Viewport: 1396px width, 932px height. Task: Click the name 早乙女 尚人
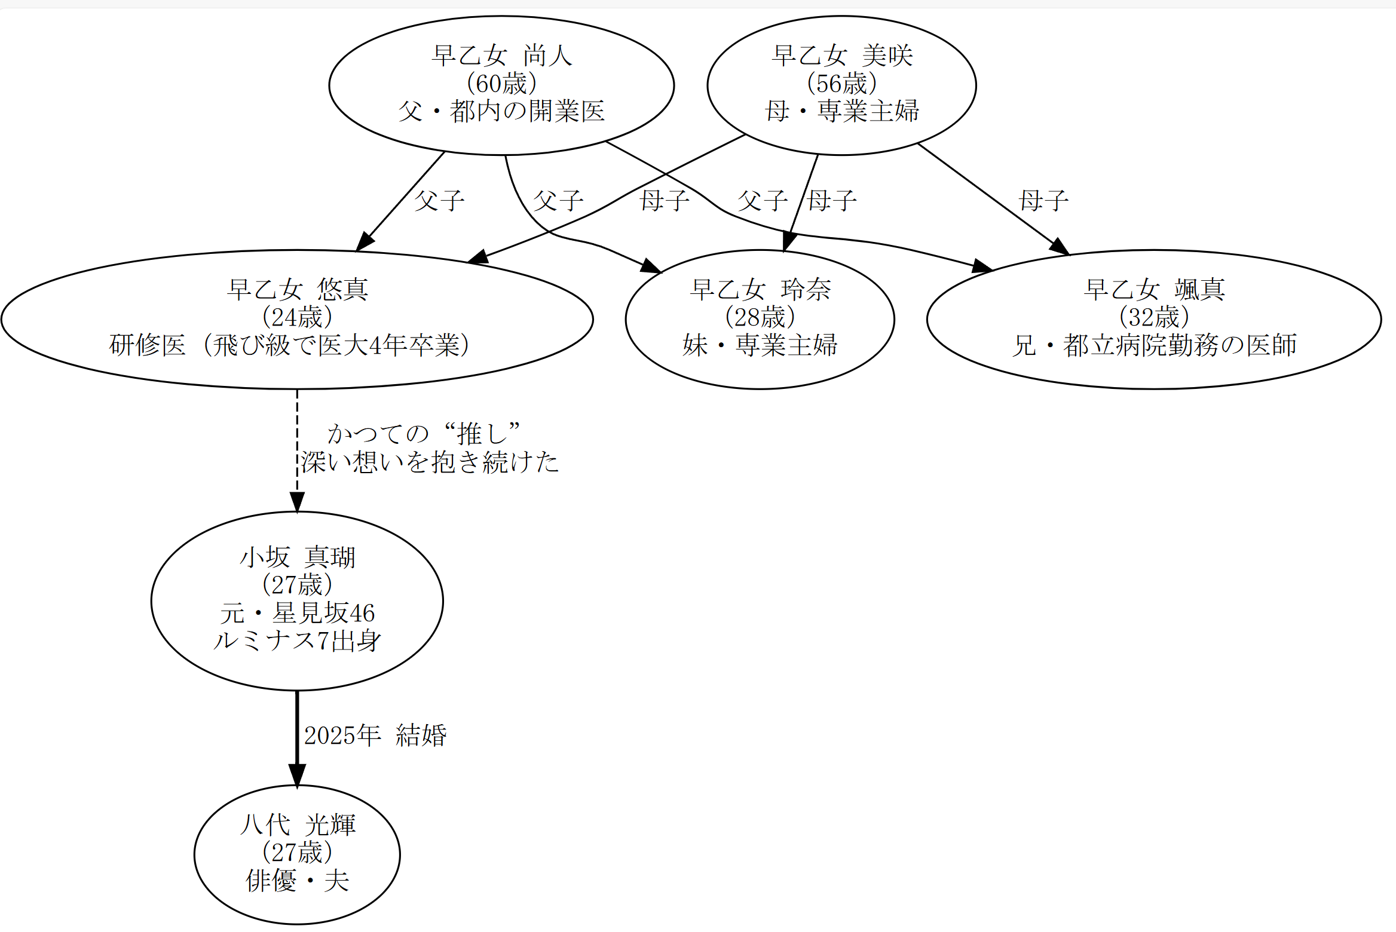pyautogui.click(x=501, y=56)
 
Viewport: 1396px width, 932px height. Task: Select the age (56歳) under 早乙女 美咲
pyautogui.click(x=841, y=84)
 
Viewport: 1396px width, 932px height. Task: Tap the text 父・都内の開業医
pyautogui.click(x=501, y=111)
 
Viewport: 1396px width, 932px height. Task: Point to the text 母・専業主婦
pyautogui.click(x=841, y=111)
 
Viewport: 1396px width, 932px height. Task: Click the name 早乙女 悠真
pyautogui.click(x=297, y=290)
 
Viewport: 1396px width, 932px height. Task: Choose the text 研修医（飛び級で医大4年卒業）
pyautogui.click(x=289, y=345)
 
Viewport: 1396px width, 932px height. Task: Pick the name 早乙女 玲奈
pyautogui.click(x=760, y=290)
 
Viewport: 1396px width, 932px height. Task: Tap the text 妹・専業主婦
pyautogui.click(x=760, y=345)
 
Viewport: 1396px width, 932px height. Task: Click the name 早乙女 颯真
pyautogui.click(x=1154, y=290)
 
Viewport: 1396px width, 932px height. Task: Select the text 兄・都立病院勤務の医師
pyautogui.click(x=1154, y=345)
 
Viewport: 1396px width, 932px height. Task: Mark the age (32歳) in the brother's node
pyautogui.click(x=1154, y=317)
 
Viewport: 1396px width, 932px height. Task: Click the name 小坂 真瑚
pyautogui.click(x=297, y=557)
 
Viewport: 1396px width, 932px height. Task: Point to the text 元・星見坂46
pyautogui.click(x=297, y=613)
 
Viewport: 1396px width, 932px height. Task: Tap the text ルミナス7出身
pyautogui.click(x=297, y=641)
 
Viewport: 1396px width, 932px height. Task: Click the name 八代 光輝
pyautogui.click(x=297, y=825)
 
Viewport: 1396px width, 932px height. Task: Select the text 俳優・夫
pyautogui.click(x=297, y=881)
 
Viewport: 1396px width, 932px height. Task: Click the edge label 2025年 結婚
pyautogui.click(x=375, y=735)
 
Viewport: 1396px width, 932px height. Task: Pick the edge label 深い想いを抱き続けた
pyautogui.click(x=430, y=462)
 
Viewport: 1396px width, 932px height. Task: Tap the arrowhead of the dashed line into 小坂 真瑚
pyautogui.click(x=297, y=502)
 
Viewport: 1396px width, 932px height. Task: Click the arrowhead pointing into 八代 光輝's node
pyautogui.click(x=297, y=775)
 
